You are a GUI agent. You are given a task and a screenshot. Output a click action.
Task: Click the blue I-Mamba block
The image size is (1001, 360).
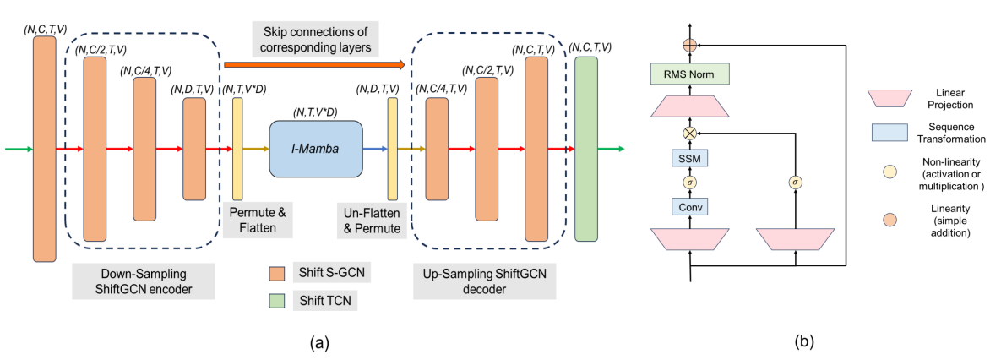316,148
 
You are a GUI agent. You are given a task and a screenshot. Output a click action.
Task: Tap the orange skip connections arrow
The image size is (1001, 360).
313,63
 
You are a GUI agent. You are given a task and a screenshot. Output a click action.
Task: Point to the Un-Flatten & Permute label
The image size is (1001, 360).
365,217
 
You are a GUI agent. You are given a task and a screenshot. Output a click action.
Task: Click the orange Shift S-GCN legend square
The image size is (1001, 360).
275,271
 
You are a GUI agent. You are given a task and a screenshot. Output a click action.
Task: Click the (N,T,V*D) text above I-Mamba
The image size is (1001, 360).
316,112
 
